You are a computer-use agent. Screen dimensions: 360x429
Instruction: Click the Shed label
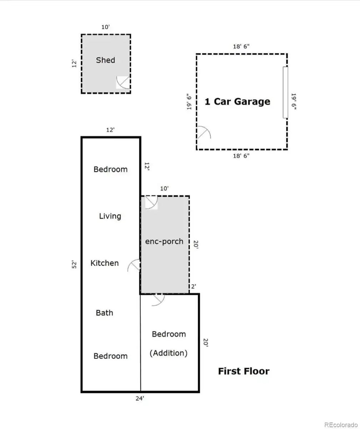pos(105,60)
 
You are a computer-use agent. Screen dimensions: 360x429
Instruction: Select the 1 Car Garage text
pos(237,102)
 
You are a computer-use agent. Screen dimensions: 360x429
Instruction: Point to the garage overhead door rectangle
pos(285,93)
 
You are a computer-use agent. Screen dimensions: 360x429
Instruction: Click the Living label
pos(110,216)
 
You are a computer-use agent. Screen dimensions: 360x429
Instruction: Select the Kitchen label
pos(105,263)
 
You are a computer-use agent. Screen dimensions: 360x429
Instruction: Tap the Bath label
pos(105,313)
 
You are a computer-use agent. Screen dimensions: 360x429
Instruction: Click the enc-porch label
pos(164,241)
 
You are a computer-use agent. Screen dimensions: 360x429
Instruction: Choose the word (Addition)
pos(169,353)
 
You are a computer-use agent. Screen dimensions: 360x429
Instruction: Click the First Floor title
pos(244,371)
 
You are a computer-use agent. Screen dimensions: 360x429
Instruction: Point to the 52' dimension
pos(74,265)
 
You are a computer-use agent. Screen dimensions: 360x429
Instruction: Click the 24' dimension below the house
pos(140,398)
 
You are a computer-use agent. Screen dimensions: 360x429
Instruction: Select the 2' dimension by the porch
pos(194,286)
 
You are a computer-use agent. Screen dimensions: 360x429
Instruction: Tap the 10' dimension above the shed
pos(105,27)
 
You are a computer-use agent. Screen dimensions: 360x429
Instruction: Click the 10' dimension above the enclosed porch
pos(164,188)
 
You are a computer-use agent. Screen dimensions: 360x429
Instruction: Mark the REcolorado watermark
pos(341,423)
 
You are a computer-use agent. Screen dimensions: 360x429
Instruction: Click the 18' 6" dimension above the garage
pos(241,46)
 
